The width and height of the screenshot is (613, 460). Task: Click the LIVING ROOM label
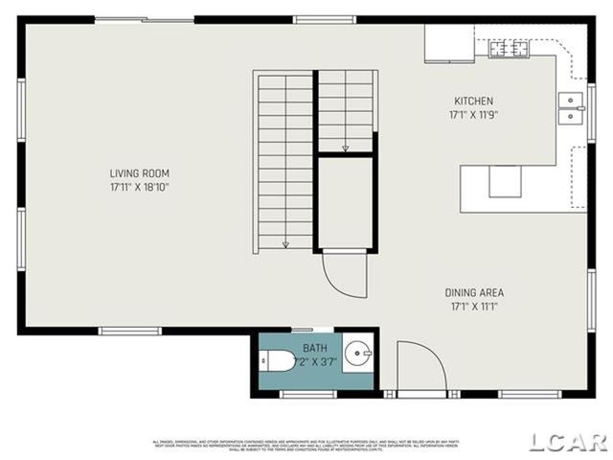[x=139, y=173]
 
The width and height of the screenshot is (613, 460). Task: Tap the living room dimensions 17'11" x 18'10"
[x=139, y=187]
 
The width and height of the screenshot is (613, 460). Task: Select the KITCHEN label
[x=473, y=101]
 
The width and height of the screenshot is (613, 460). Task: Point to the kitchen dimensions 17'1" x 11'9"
[x=473, y=114]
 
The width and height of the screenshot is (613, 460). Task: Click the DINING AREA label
[x=473, y=292]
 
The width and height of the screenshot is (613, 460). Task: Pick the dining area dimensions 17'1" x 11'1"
[x=473, y=307]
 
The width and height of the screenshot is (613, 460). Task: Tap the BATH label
[x=314, y=347]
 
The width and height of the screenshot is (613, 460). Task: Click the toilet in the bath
[x=279, y=361]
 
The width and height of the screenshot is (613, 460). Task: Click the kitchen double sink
[x=571, y=108]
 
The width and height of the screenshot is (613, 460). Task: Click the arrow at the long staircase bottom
[x=285, y=243]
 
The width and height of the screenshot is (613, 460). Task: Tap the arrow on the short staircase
[x=345, y=148]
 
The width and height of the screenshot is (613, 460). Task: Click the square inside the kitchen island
[x=505, y=181]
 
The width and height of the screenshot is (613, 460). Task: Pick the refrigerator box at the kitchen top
[x=449, y=42]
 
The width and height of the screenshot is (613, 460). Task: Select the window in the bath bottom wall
[x=307, y=394]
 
